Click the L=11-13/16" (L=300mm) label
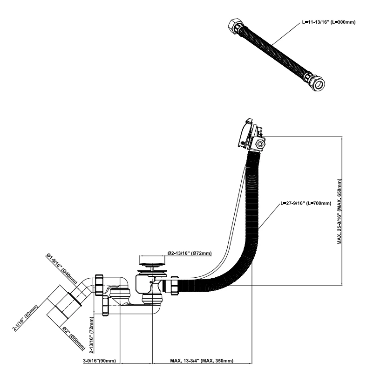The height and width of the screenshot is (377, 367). coord(329,22)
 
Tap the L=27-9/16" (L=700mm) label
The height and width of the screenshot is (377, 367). coord(306,204)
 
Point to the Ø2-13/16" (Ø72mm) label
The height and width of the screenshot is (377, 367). coord(190,254)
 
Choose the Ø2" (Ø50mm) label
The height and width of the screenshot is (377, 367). coord(74,339)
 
